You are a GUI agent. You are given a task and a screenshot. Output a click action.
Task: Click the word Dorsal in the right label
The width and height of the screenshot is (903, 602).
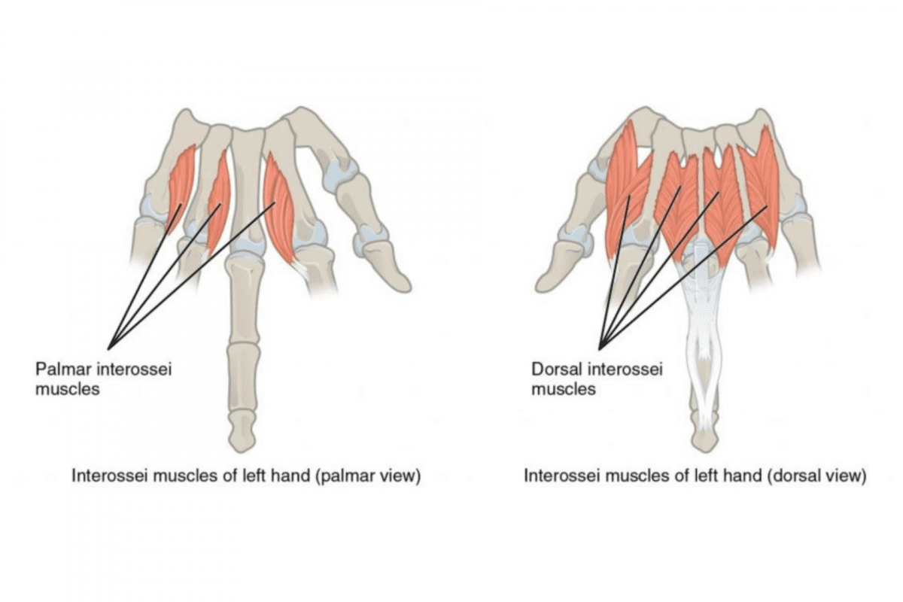click(x=555, y=369)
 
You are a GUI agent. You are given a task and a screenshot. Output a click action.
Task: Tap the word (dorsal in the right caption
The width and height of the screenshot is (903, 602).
click(x=793, y=476)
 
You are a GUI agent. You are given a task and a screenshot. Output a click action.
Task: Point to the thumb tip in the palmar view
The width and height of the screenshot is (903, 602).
click(x=400, y=281)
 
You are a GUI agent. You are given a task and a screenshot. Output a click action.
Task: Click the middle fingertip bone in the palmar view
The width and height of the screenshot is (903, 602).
click(x=243, y=434)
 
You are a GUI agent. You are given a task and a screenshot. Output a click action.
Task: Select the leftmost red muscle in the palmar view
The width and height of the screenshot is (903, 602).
click(x=181, y=184)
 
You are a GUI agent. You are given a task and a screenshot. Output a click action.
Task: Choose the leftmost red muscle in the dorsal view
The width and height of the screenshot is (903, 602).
click(x=625, y=188)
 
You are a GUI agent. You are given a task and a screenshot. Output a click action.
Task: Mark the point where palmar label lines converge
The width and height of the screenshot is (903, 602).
click(x=108, y=348)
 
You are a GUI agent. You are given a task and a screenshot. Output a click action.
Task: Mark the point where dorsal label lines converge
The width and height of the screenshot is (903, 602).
click(x=600, y=348)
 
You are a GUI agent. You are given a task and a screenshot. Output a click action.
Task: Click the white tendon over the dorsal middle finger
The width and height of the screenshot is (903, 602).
click(x=704, y=331)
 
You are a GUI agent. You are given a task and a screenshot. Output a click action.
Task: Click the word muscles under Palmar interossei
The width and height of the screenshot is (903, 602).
click(x=68, y=390)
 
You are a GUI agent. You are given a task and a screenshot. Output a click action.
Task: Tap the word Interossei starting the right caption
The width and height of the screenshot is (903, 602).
click(x=556, y=476)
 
